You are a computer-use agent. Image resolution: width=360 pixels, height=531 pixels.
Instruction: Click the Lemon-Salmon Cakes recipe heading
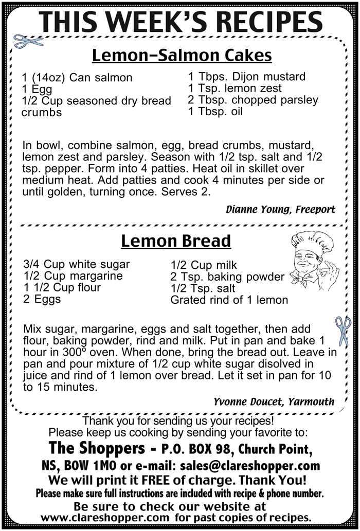click(182, 55)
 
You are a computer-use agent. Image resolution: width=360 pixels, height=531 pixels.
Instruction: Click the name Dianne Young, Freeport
click(280, 209)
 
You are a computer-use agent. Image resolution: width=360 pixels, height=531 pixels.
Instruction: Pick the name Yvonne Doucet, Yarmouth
click(274, 401)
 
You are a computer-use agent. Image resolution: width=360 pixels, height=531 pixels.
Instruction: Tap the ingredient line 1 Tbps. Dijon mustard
click(246, 77)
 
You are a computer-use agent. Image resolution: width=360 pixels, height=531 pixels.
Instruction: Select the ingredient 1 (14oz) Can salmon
click(77, 78)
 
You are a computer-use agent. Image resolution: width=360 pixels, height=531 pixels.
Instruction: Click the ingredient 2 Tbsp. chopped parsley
click(253, 100)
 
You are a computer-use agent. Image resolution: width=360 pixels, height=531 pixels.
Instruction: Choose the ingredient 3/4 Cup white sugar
click(77, 264)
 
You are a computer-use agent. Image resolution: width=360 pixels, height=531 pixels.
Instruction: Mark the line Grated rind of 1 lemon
click(229, 300)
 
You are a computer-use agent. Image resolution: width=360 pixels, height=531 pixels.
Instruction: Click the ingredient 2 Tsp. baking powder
click(227, 277)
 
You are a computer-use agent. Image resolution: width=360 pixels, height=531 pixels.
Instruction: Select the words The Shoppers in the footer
click(97, 448)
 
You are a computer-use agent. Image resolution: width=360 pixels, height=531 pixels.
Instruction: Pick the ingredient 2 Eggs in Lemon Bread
click(42, 299)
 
